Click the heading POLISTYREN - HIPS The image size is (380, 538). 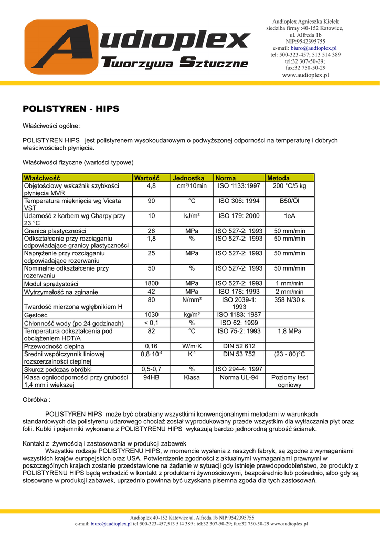pos(71,109)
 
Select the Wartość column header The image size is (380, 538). pos(146,178)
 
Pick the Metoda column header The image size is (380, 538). pos(279,178)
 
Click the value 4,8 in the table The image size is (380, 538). pos(151,186)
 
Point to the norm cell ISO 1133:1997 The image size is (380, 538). pos(239,186)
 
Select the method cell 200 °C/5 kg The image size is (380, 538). pos(289,186)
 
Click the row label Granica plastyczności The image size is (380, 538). pos(55,231)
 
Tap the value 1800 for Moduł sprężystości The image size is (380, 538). pos(151,284)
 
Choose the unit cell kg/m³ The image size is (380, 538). pos(192,315)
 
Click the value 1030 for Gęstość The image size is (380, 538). pos(151,315)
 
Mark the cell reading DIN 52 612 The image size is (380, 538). pos(239,346)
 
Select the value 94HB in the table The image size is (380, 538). pos(151,377)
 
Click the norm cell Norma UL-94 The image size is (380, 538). pos(239,377)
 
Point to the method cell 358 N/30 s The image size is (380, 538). pos(289,299)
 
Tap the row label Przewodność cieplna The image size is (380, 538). pos(54,347)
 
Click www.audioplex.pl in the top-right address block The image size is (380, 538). pos(305,75)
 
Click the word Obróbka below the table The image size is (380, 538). pos(35,400)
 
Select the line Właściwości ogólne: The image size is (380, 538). pos(51,126)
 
